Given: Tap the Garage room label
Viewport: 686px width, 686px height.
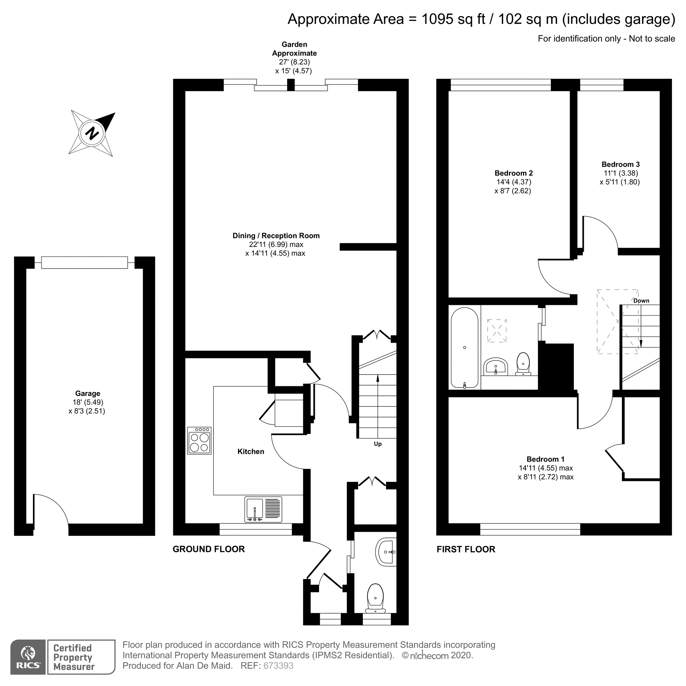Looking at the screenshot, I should pos(87,393).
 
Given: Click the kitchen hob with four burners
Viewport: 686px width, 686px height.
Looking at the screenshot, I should pos(199,441).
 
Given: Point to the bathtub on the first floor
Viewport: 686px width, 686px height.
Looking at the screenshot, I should pos(464,348).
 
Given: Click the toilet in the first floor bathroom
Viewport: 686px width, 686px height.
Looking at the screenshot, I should pos(523,364).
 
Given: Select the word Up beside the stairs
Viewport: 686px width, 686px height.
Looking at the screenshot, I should pos(377,444).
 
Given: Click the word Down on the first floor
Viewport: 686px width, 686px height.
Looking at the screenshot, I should pos(641,301).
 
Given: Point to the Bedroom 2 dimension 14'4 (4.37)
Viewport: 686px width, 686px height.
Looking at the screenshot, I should pos(513,182).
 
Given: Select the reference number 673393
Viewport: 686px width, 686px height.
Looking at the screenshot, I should pos(278,666).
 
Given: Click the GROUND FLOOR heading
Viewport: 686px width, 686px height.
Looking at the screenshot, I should pos(209,549).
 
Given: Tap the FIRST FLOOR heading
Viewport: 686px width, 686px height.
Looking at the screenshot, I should pos(465,549).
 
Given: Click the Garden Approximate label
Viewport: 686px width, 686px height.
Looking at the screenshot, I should pos(294,49).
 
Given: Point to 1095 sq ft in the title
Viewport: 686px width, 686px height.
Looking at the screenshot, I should pos(453,19).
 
